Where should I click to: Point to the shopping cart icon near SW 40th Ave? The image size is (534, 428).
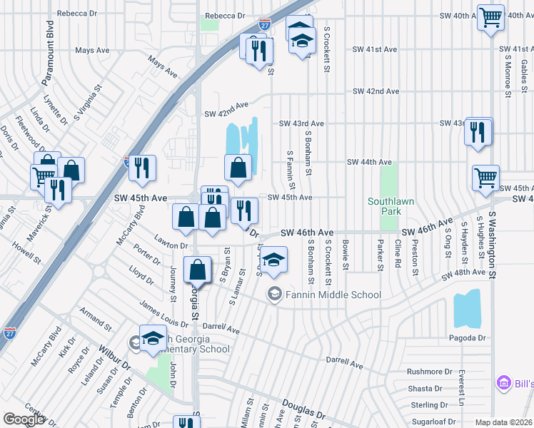pos(490,16)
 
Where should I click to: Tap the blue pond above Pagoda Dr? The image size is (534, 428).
pos(467,308)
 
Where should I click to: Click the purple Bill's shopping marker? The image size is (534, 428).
pos(505,384)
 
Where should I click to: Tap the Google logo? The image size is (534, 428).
pos(24,419)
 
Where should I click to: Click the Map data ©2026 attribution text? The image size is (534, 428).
pos(503,422)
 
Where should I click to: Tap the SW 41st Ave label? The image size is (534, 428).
pos(374,49)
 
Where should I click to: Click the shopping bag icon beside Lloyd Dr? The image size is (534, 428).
pos(198,270)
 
